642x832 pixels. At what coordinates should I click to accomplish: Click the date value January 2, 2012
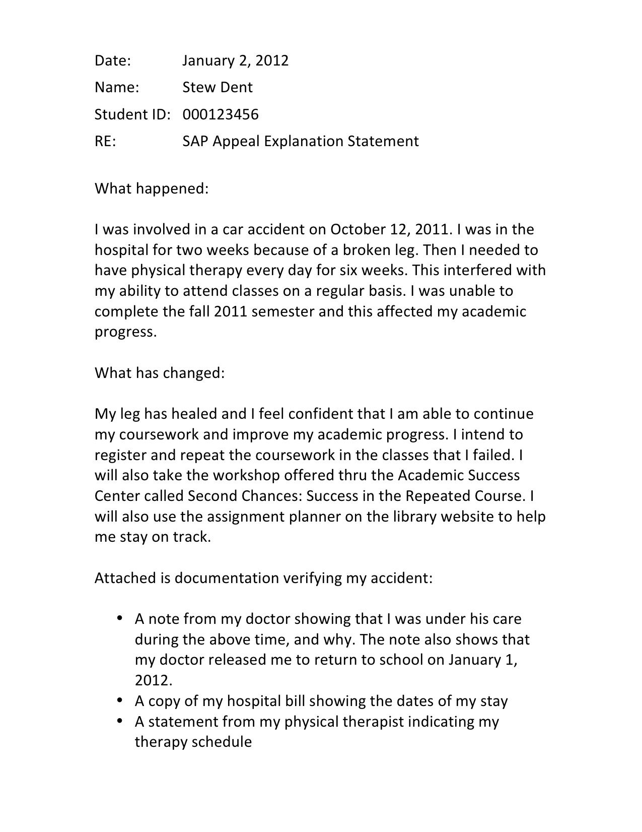tap(235, 61)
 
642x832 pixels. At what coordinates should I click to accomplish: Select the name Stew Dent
tap(217, 88)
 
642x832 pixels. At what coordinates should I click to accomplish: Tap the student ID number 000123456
tap(220, 115)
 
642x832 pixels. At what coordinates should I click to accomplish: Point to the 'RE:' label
tap(105, 142)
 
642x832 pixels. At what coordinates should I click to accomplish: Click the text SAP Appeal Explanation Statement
tap(300, 142)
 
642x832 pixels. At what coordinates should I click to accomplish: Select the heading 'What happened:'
tap(151, 189)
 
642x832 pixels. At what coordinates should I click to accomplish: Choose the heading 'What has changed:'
tap(159, 373)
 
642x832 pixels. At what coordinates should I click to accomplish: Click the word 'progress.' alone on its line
tap(126, 333)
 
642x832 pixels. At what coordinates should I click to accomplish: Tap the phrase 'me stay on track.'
tap(153, 537)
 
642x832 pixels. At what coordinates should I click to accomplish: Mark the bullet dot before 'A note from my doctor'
tap(120, 618)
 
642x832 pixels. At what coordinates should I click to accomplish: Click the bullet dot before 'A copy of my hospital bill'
tap(120, 700)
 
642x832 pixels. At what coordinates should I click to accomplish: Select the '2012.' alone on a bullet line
tap(154, 681)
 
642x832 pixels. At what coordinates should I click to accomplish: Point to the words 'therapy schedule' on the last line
tap(193, 742)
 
